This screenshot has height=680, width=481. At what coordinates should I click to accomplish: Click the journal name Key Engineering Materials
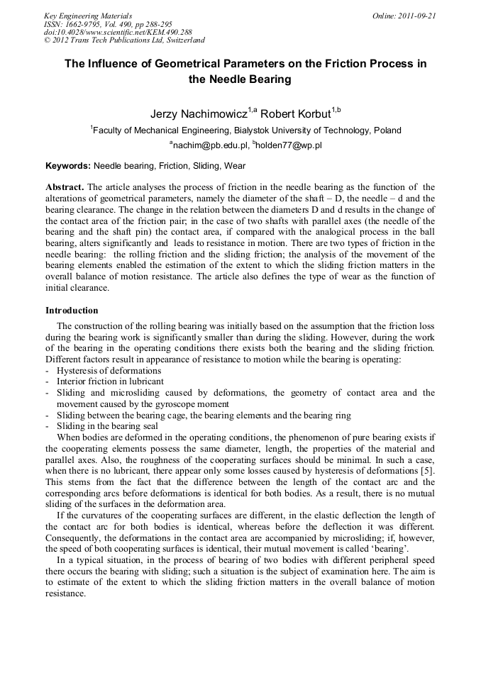tap(88, 15)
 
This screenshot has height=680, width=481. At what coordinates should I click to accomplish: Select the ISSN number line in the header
tap(108, 23)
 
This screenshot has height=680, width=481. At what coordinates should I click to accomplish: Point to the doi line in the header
tap(118, 32)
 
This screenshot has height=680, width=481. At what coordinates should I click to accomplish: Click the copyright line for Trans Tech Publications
tap(124, 40)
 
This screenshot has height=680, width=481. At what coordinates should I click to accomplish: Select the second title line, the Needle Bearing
tap(240, 79)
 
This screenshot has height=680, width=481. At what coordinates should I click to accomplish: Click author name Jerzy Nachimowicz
tap(198, 114)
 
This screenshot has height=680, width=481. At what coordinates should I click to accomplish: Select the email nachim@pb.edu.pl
tap(209, 145)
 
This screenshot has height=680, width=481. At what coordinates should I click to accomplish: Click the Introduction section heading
tap(72, 310)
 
